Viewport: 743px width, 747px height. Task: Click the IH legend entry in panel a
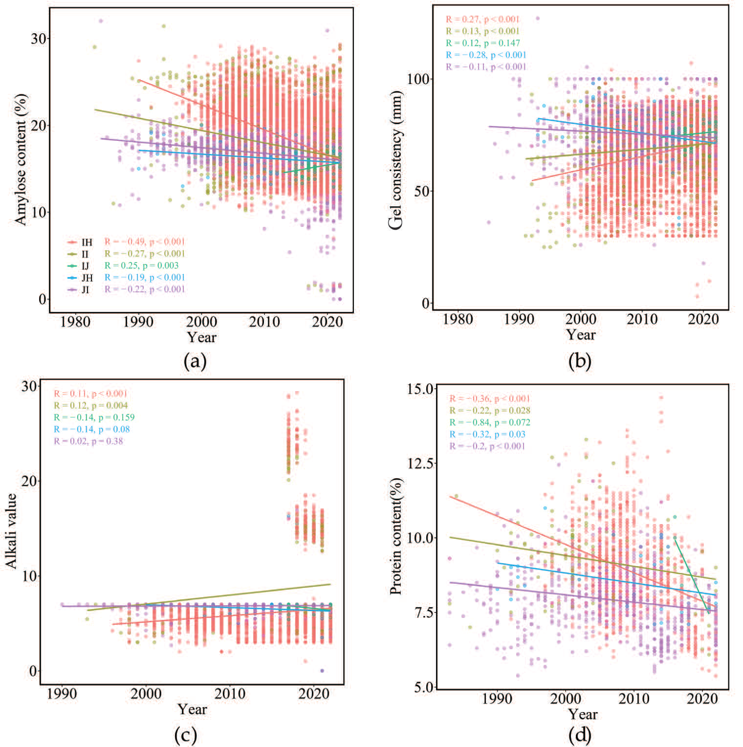[x=80, y=242]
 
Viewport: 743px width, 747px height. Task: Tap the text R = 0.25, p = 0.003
[x=142, y=266]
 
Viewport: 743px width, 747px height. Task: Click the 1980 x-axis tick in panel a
[x=75, y=322]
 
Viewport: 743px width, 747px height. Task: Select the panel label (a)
[x=195, y=362]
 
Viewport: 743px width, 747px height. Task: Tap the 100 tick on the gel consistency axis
[x=418, y=79]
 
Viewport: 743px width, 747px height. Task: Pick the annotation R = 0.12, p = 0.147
[x=483, y=43]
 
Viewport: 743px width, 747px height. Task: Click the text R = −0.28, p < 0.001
[x=486, y=55]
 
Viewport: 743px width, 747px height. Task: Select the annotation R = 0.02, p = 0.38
[x=88, y=441]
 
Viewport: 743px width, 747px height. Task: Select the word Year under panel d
[x=583, y=714]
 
